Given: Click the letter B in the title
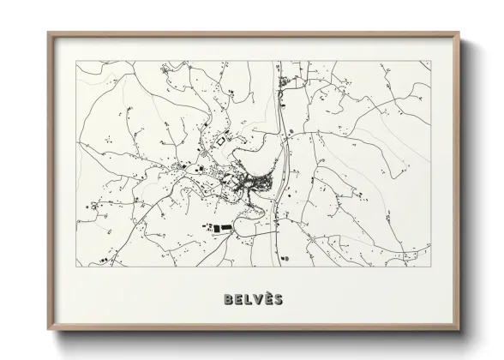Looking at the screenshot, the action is [x=226, y=300].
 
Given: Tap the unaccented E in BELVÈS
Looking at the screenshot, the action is [x=237, y=300].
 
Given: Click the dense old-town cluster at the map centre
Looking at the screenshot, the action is [x=249, y=181].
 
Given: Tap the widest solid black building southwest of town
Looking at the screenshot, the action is [x=222, y=228].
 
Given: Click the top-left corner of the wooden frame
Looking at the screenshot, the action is [x=48, y=33].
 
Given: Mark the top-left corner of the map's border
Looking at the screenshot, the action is [x=75, y=61].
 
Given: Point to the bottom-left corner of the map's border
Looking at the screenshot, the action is [x=75, y=267].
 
